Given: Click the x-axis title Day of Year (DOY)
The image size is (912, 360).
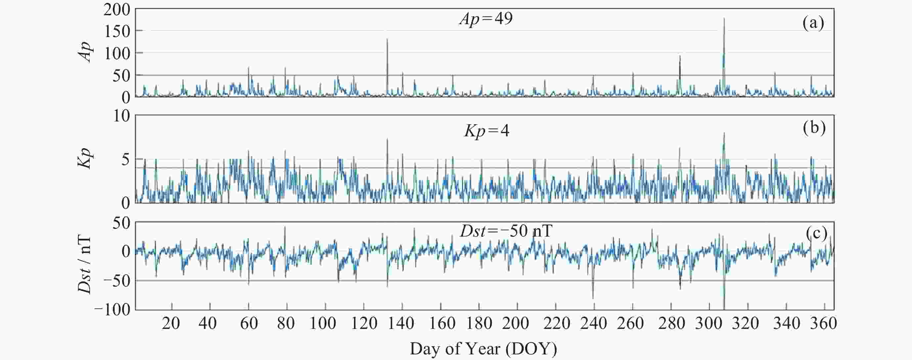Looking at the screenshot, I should click(x=483, y=349).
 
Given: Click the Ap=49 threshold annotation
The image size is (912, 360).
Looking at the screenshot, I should click(x=486, y=19).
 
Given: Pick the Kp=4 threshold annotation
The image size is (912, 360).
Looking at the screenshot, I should click(x=487, y=131).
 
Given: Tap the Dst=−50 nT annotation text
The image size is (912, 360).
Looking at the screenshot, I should click(x=506, y=232).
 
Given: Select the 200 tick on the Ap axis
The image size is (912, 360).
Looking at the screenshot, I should click(x=117, y=10).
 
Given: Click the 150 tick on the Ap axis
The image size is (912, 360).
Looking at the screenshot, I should click(x=117, y=32).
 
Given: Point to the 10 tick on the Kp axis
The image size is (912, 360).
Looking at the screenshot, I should click(x=121, y=116).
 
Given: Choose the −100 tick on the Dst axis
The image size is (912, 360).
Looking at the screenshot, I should click(x=112, y=310).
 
